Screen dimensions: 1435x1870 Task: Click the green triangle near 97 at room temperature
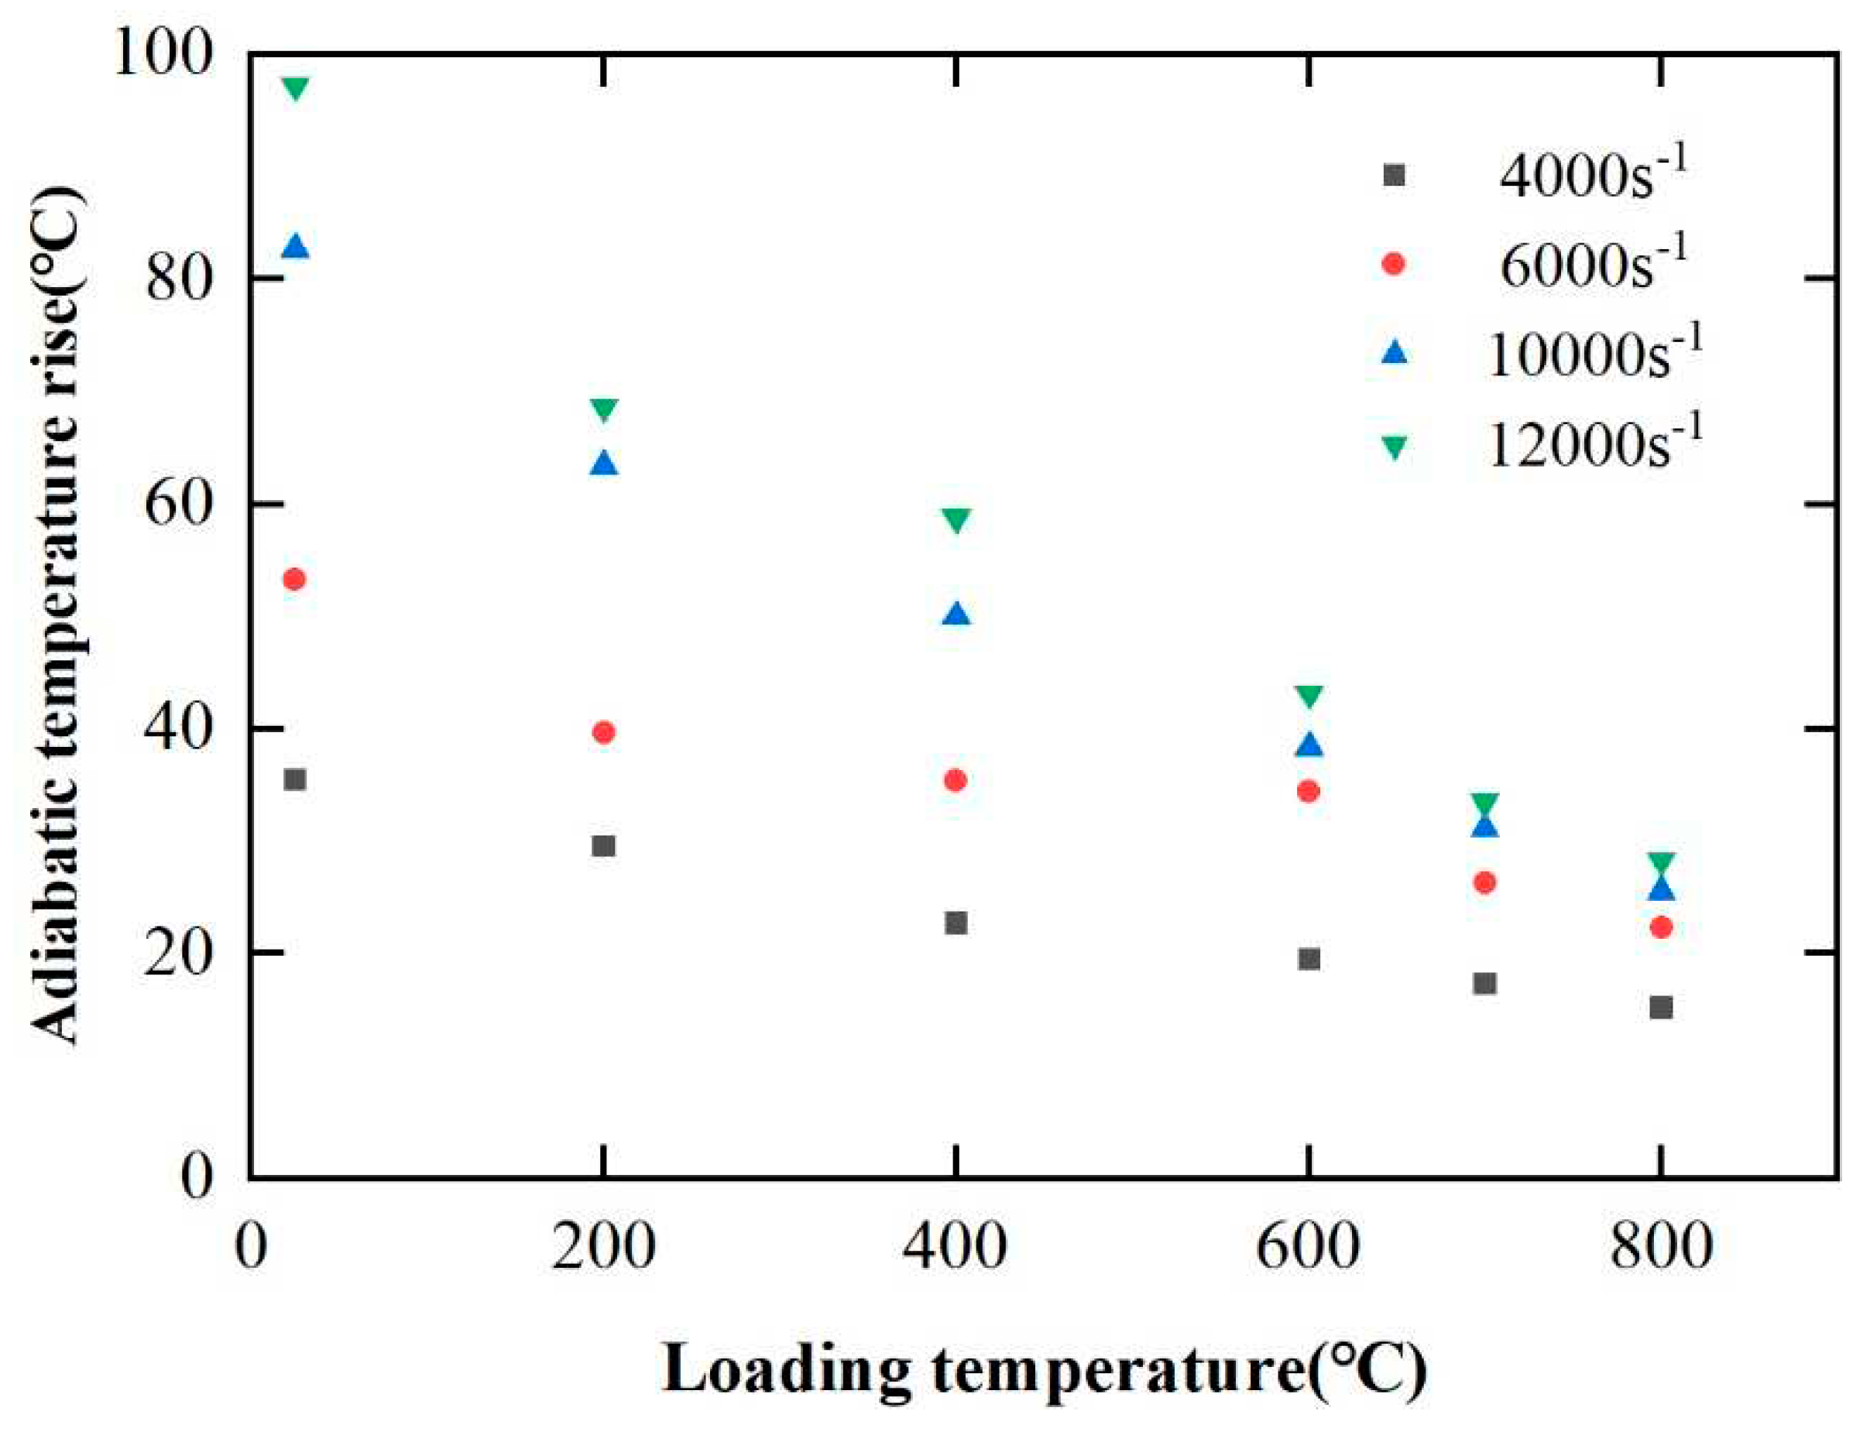(296, 88)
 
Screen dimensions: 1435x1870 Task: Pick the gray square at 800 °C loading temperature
(1660, 1008)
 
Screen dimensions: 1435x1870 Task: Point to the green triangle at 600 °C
(1309, 696)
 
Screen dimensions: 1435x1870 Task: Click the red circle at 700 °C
(1484, 882)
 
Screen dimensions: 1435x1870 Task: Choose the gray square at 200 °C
(603, 846)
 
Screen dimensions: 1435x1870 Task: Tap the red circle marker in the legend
(1393, 264)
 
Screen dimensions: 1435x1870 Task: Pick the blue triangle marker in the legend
(1393, 353)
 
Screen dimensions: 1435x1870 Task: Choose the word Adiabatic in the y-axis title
(58, 926)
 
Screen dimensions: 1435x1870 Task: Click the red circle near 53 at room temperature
(294, 580)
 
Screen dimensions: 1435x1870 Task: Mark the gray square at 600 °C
(1309, 959)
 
